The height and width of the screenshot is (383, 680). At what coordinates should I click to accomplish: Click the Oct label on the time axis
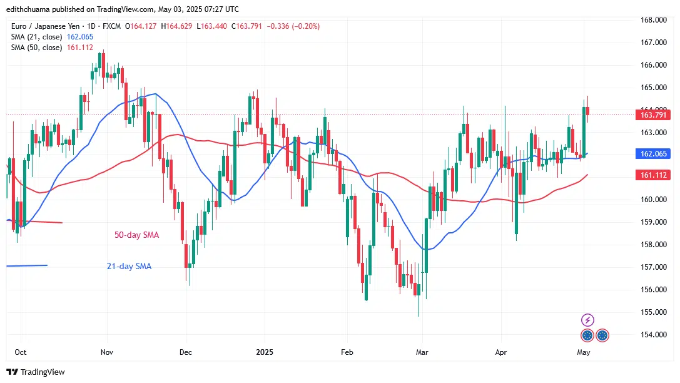(20, 352)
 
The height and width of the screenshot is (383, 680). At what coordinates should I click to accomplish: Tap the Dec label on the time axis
(185, 352)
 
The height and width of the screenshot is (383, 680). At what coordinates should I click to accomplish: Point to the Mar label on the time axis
(422, 352)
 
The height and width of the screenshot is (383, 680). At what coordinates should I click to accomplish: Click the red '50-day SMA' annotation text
(136, 235)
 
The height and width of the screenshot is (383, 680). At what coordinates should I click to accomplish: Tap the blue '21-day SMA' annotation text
(128, 267)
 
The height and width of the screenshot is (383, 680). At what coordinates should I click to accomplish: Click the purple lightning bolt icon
(587, 320)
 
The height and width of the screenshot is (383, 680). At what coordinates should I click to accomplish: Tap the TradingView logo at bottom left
(36, 372)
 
